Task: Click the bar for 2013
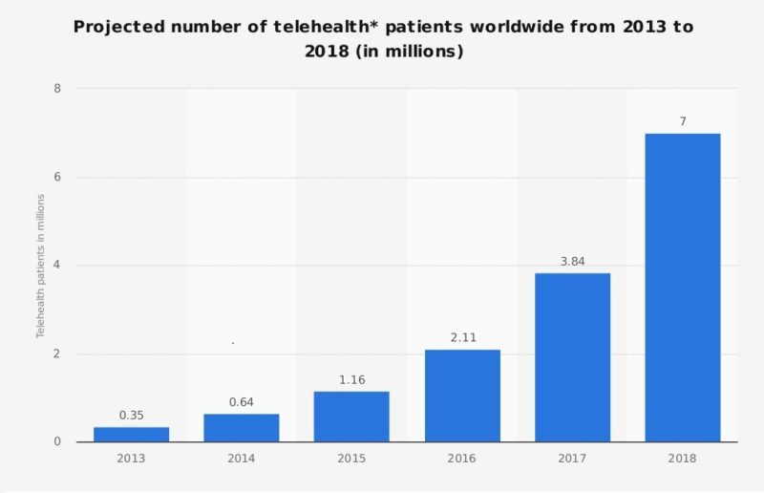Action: (131, 435)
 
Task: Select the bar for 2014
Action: (242, 428)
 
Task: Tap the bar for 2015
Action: (351, 417)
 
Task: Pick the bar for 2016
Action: (462, 396)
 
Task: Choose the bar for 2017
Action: (572, 357)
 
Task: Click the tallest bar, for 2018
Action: (683, 288)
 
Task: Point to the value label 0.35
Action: (131, 416)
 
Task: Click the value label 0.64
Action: (242, 402)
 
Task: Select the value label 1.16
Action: (351, 379)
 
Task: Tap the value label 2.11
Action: (462, 337)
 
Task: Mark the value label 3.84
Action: (572, 261)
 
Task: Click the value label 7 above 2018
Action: (683, 121)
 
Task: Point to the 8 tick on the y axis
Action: (57, 89)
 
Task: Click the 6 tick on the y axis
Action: (57, 178)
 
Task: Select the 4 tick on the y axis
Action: (57, 266)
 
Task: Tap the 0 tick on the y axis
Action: (57, 442)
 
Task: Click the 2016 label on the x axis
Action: (462, 459)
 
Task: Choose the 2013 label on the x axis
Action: (131, 459)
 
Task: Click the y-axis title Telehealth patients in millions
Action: (41, 266)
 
